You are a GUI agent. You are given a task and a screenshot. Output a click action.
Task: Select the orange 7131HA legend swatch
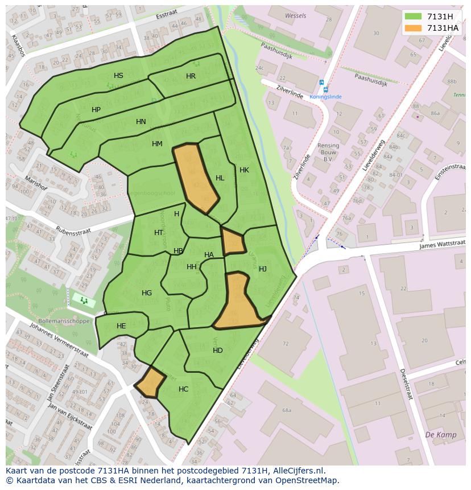point(413,28)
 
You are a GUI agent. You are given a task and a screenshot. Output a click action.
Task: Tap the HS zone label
point(118,76)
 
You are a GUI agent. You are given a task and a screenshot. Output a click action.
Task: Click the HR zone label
point(191,76)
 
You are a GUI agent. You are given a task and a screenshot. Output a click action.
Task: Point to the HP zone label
point(96,110)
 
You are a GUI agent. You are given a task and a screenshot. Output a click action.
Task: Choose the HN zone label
point(141,122)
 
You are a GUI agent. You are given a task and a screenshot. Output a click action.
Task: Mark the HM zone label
point(158,144)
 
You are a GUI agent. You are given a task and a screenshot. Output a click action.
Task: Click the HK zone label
point(244,170)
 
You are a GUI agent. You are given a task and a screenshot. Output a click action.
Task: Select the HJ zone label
point(263,269)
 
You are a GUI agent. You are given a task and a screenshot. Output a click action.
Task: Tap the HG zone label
point(147,293)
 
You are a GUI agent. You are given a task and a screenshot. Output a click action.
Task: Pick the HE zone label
point(121,326)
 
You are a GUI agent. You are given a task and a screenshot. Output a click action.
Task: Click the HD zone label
point(218,351)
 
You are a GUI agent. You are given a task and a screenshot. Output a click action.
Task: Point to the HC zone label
point(183,389)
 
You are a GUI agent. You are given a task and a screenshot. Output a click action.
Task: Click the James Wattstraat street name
point(443,244)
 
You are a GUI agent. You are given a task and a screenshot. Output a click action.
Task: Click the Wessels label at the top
point(295,16)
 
